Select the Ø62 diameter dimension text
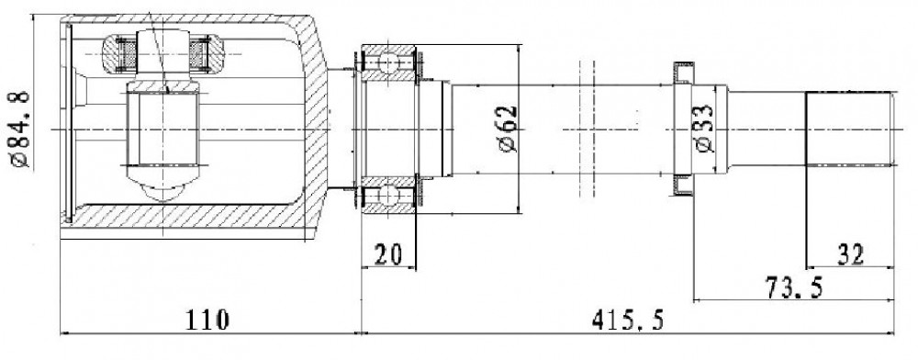(x=509, y=129)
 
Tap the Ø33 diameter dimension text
(x=705, y=129)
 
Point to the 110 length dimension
(x=207, y=321)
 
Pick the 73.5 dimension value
(x=794, y=287)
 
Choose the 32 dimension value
(x=851, y=254)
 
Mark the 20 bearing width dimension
(x=387, y=254)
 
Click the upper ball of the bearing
(x=388, y=62)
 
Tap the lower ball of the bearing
(x=388, y=195)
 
